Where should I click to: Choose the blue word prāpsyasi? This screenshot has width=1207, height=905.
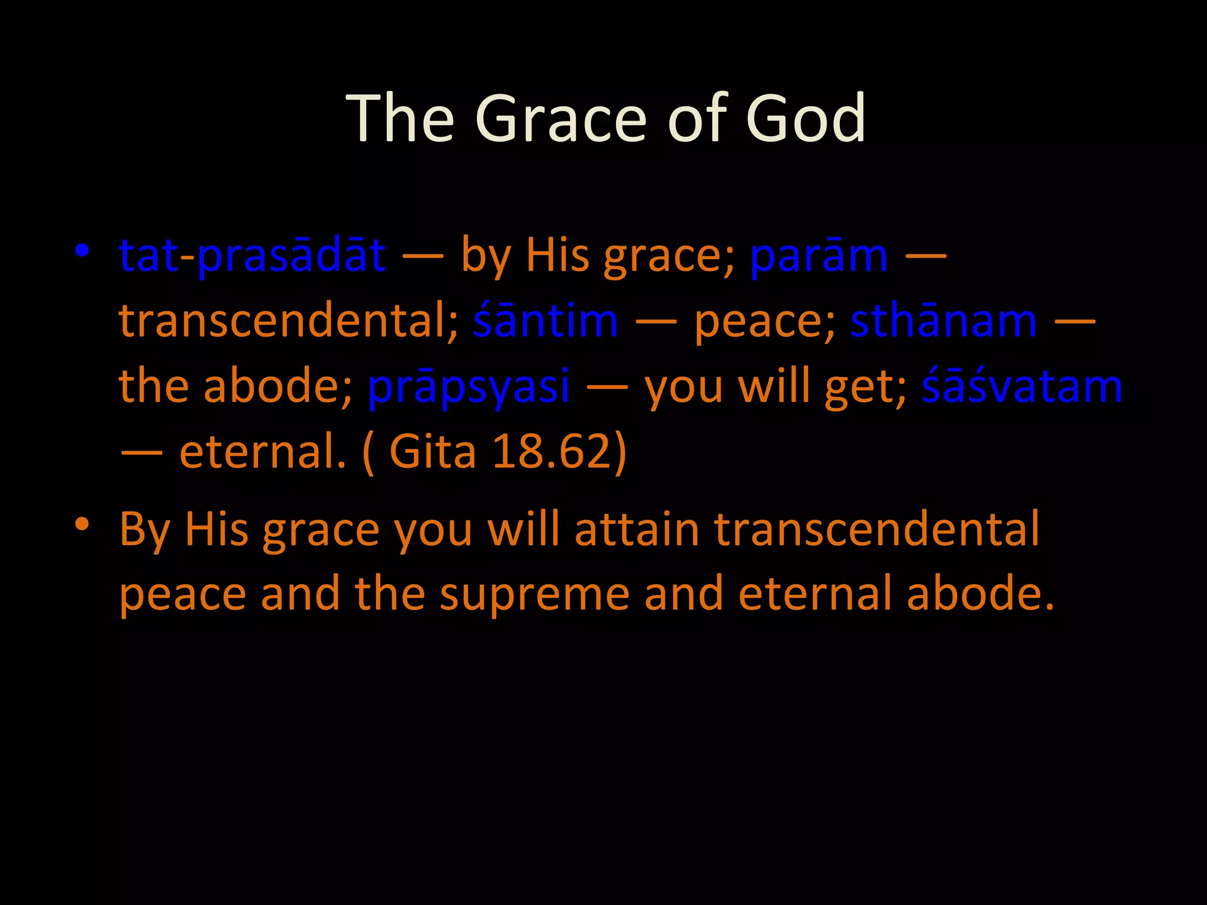(469, 387)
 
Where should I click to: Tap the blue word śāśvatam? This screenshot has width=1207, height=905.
(1022, 387)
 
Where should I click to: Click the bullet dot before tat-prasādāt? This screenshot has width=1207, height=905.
(82, 251)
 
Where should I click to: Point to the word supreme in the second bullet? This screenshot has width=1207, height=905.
(534, 594)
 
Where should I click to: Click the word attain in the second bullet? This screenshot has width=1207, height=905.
(637, 529)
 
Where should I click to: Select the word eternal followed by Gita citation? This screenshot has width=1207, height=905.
(263, 452)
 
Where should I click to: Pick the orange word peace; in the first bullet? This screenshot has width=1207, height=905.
(764, 323)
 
